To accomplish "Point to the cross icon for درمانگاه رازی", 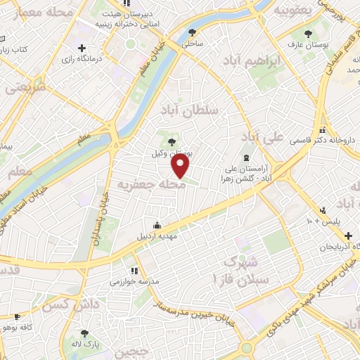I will [x=82, y=49].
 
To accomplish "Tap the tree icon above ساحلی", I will [x=193, y=32].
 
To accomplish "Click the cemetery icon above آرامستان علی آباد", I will [x=246, y=157].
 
